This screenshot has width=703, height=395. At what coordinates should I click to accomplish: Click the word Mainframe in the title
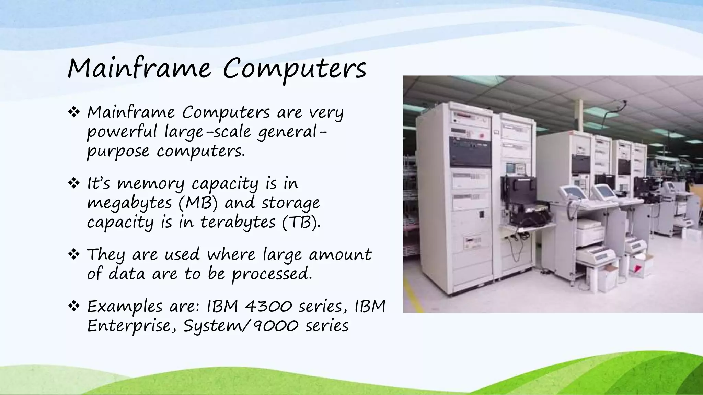coord(139,69)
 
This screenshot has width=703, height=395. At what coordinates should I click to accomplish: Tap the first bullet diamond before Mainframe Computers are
coord(74,112)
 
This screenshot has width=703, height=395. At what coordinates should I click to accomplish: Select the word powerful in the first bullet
coord(122,132)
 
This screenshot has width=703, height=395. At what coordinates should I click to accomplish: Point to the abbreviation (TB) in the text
coord(301,223)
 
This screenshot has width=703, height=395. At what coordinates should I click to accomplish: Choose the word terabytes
coord(238,223)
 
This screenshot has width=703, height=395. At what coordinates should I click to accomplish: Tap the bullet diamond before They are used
coord(74,255)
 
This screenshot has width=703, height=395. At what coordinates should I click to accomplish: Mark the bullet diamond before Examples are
coord(74,307)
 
